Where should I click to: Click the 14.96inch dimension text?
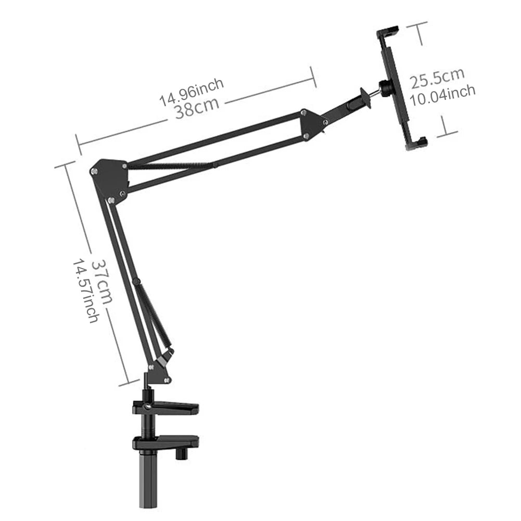[x=192, y=91]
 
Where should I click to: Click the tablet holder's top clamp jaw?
[x=388, y=32]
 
